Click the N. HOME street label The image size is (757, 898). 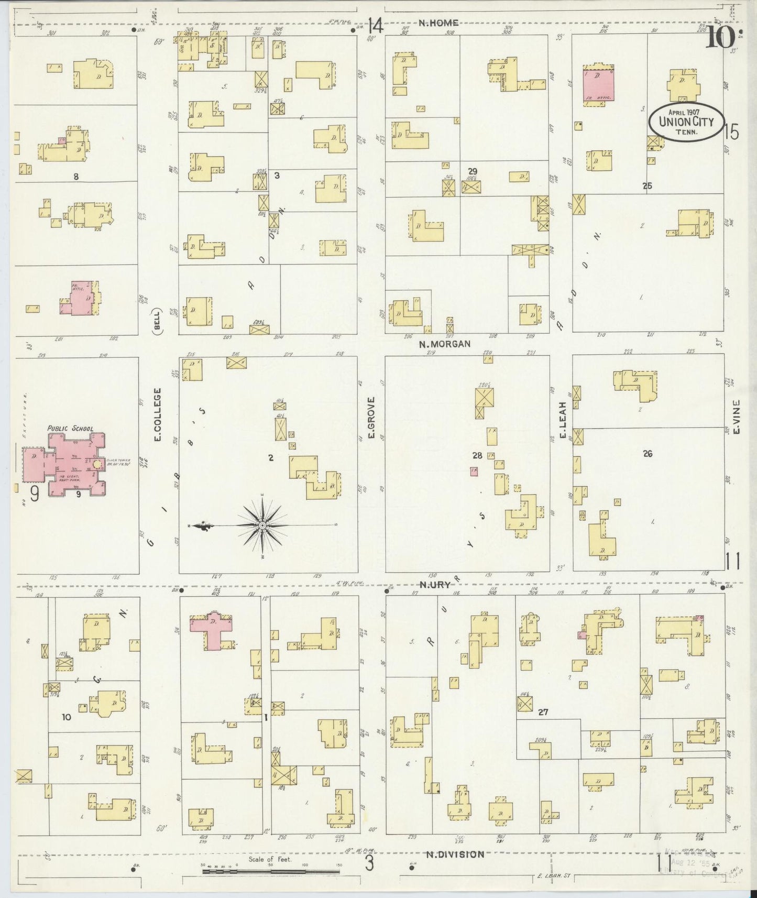[x=438, y=23]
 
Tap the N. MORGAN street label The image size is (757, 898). [x=445, y=344]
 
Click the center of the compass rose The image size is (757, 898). [x=261, y=524]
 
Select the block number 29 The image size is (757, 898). [x=473, y=171]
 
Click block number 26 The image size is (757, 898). [x=648, y=454]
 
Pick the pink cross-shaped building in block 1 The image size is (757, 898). [x=213, y=628]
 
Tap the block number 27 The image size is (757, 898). [x=543, y=712]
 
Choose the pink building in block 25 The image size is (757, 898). [x=598, y=86]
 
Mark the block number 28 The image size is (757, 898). [x=476, y=456]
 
